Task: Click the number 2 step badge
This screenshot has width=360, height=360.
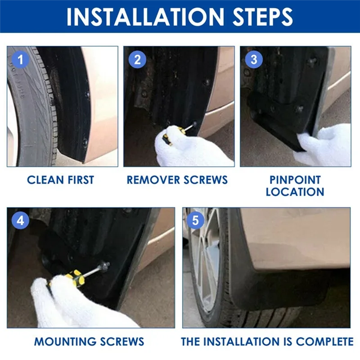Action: pyautogui.click(x=137, y=59)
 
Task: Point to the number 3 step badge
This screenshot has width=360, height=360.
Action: pyautogui.click(x=253, y=59)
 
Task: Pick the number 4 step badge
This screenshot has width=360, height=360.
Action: pyautogui.click(x=20, y=220)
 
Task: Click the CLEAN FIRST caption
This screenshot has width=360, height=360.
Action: pyautogui.click(x=60, y=180)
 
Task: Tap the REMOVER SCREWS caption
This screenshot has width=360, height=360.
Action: pyautogui.click(x=177, y=180)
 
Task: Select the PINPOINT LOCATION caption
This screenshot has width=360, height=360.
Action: pyautogui.click(x=295, y=185)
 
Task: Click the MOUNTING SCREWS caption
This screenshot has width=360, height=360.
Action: pyautogui.click(x=89, y=341)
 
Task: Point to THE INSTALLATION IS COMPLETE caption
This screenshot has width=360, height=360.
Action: pyautogui.click(x=267, y=341)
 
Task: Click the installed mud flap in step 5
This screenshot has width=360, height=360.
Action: pyautogui.click(x=274, y=283)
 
